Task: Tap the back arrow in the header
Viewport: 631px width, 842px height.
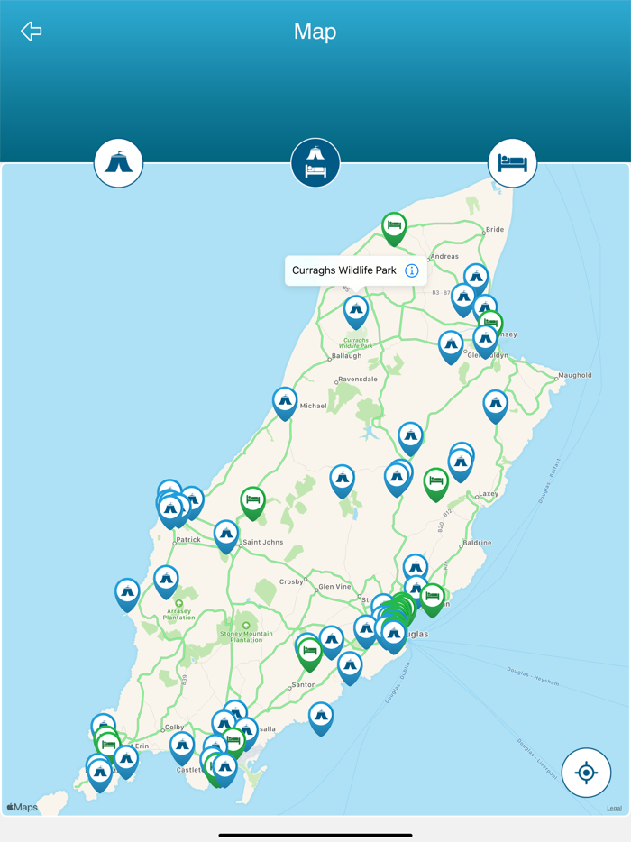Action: point(32,32)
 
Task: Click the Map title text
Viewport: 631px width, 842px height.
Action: point(315,32)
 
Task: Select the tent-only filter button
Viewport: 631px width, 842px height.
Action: point(119,163)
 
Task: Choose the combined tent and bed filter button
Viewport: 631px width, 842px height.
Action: point(315,163)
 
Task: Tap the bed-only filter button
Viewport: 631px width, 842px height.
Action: point(512,163)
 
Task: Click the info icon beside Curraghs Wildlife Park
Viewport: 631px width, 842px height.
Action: point(412,270)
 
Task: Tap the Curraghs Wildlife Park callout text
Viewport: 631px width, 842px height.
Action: point(343,270)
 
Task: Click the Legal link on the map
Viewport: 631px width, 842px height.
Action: point(614,808)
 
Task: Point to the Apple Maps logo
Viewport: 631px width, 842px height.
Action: point(23,807)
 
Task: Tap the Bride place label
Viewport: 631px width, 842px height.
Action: point(495,230)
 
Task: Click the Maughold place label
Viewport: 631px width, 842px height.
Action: point(574,375)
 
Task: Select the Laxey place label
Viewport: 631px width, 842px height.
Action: point(488,494)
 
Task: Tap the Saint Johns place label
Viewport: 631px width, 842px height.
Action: point(262,542)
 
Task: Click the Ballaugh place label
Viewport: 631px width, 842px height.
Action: point(347,356)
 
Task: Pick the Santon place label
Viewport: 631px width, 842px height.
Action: point(304,686)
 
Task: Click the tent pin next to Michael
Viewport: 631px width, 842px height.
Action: point(285,401)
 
